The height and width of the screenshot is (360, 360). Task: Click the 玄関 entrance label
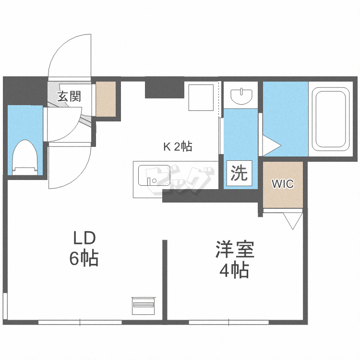(x=69, y=96)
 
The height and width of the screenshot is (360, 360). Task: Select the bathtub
(x=330, y=119)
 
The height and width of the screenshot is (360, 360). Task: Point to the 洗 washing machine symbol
(x=239, y=173)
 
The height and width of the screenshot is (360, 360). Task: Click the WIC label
(x=283, y=184)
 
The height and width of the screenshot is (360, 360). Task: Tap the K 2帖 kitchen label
(x=178, y=147)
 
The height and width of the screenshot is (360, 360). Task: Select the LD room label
(x=84, y=238)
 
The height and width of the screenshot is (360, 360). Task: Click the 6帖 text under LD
(x=84, y=259)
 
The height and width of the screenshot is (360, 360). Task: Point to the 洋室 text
(x=234, y=250)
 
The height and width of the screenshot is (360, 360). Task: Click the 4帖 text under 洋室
(x=234, y=271)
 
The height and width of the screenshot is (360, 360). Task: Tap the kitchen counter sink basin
(x=154, y=175)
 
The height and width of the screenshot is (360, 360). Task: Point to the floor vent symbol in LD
(x=143, y=305)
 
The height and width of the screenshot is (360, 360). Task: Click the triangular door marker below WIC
(x=291, y=220)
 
